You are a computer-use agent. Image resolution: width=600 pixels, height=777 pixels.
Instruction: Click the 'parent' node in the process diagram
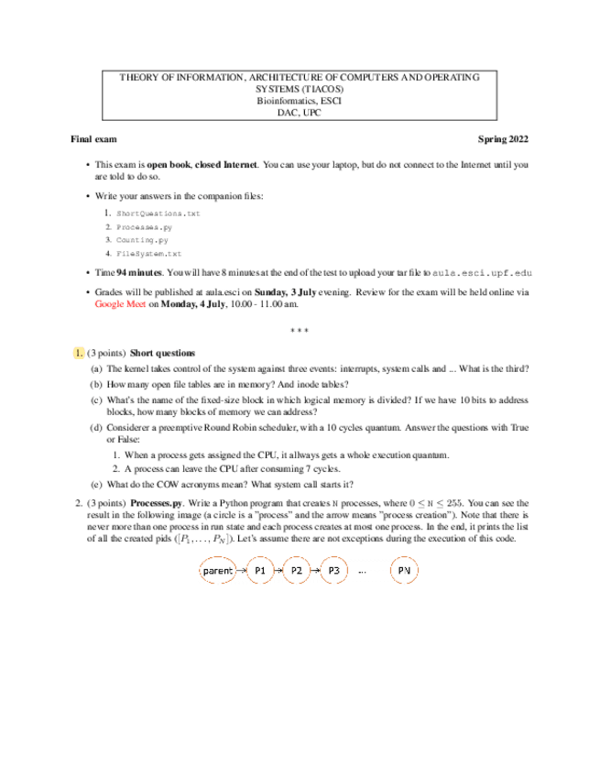[x=218, y=570]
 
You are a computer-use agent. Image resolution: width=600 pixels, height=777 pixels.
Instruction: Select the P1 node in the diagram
[x=260, y=570]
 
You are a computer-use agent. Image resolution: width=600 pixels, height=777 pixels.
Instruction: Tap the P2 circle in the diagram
[x=296, y=570]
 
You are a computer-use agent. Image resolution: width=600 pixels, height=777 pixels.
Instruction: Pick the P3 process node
[x=333, y=570]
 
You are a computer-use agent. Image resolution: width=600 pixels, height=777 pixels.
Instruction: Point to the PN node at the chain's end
[x=404, y=570]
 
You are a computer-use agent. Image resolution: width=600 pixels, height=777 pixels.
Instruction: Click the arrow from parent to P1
[x=242, y=570]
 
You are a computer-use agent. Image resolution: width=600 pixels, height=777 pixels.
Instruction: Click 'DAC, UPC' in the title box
[x=300, y=112]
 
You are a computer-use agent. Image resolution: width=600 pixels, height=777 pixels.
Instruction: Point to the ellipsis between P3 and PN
[x=363, y=572]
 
